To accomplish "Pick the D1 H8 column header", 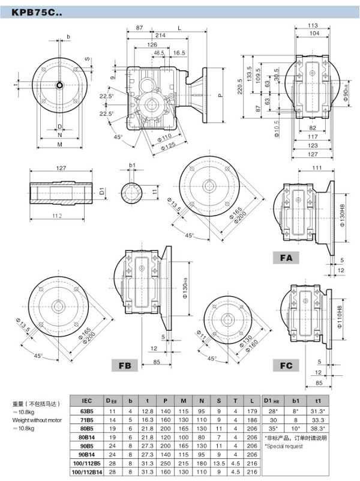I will tap(271, 399).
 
